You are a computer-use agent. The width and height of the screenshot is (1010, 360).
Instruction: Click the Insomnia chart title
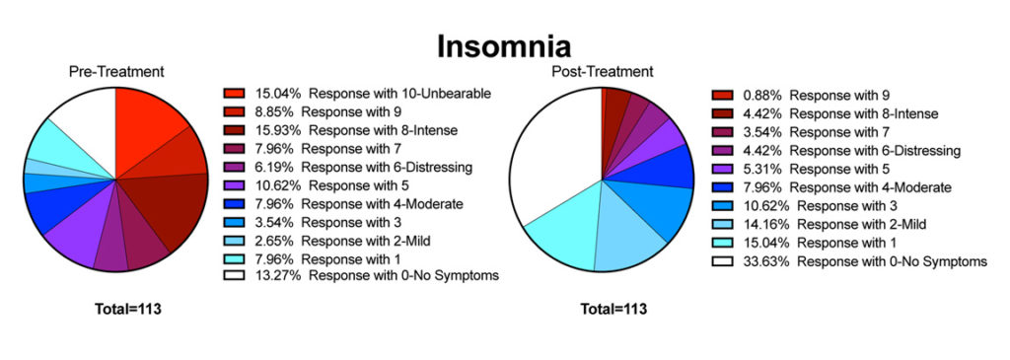tap(504, 47)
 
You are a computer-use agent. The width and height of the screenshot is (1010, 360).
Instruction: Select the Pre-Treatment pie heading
tap(116, 71)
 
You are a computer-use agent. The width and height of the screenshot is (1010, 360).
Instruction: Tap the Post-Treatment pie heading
tap(603, 71)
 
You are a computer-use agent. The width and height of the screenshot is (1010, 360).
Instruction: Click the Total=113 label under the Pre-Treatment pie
tap(127, 309)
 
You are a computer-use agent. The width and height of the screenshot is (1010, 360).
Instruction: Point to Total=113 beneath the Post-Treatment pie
tap(613, 309)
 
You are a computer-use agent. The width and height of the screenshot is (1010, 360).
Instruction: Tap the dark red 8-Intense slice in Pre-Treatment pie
tap(174, 206)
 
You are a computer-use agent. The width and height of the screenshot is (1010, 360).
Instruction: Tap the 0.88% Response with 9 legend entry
tap(801, 96)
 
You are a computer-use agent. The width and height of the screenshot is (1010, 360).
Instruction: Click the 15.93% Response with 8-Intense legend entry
tap(340, 130)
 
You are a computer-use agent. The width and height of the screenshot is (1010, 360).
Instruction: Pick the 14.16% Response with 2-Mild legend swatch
tap(721, 225)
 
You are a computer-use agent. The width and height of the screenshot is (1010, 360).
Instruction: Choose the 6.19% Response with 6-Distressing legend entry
tap(348, 167)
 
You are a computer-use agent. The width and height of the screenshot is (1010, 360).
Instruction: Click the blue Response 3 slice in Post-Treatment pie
tap(657, 206)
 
